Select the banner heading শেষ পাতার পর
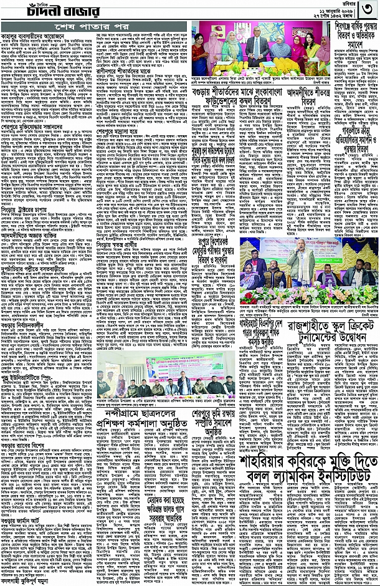95,29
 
